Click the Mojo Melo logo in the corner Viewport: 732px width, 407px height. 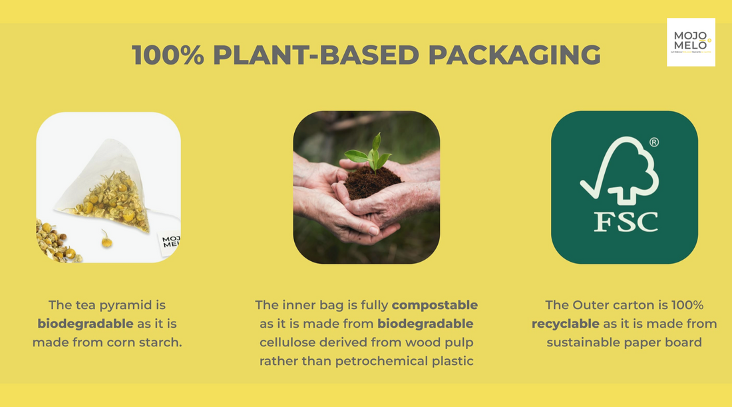(x=691, y=42)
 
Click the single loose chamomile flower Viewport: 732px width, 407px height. (x=106, y=239)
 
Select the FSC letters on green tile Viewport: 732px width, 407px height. (x=624, y=222)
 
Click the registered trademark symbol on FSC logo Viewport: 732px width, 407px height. (x=654, y=142)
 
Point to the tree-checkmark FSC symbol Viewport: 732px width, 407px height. (x=619, y=171)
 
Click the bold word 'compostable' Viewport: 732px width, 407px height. (x=435, y=305)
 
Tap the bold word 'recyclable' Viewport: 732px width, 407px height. (x=565, y=324)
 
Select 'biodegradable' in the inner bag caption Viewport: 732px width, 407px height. (x=425, y=324)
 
